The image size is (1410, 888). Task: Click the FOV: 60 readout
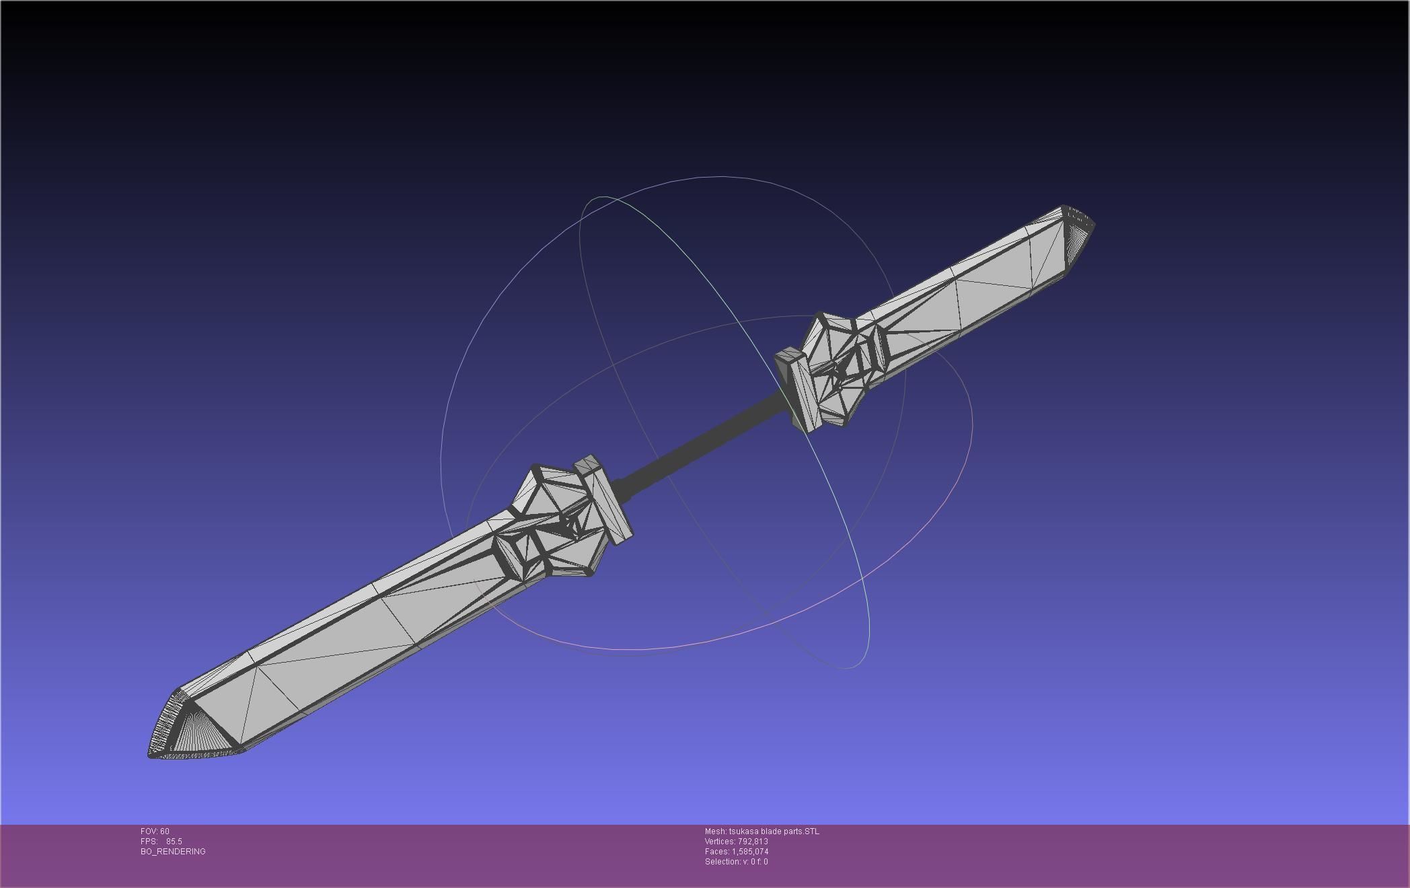pos(155,831)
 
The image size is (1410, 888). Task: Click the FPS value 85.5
pos(174,842)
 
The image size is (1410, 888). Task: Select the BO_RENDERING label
pos(173,852)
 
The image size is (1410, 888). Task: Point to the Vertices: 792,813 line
pos(736,842)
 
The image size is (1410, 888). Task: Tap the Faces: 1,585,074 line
pos(736,852)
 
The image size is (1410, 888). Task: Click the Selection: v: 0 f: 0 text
pos(736,862)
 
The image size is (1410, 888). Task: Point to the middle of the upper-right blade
pos(975,289)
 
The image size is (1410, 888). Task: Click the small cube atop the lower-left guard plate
pos(587,464)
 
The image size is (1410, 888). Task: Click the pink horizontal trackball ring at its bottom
pos(626,650)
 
